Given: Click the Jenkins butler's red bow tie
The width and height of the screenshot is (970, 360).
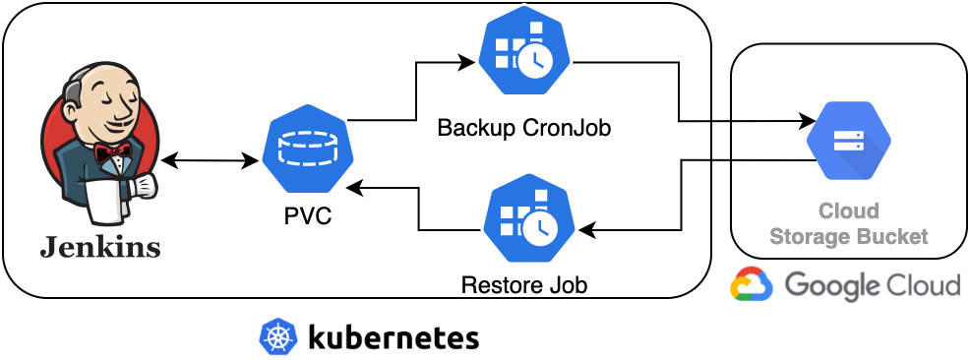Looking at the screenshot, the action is pyautogui.click(x=112, y=152).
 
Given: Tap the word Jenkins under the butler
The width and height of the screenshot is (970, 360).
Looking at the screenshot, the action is pyautogui.click(x=100, y=248).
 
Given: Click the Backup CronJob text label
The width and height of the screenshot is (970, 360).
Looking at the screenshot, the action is pyautogui.click(x=524, y=128).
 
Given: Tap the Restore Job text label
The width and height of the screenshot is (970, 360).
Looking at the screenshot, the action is pyautogui.click(x=524, y=286).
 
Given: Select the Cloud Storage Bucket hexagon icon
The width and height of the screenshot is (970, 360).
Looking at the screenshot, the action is pyautogui.click(x=848, y=142).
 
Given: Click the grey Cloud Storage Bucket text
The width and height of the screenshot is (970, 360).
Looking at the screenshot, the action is pyautogui.click(x=849, y=223).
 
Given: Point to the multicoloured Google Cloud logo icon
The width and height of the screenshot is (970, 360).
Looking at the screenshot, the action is pyautogui.click(x=752, y=284).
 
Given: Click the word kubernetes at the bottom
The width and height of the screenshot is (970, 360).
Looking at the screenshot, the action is pyautogui.click(x=393, y=337).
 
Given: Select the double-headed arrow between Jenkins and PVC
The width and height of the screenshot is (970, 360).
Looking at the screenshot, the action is pyautogui.click(x=211, y=161).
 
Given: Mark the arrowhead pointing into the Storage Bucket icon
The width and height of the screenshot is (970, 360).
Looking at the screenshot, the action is pyautogui.click(x=807, y=121).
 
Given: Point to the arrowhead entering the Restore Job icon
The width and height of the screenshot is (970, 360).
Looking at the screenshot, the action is pyautogui.click(x=586, y=230).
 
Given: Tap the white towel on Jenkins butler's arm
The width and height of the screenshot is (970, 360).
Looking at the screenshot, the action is pyautogui.click(x=104, y=199).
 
